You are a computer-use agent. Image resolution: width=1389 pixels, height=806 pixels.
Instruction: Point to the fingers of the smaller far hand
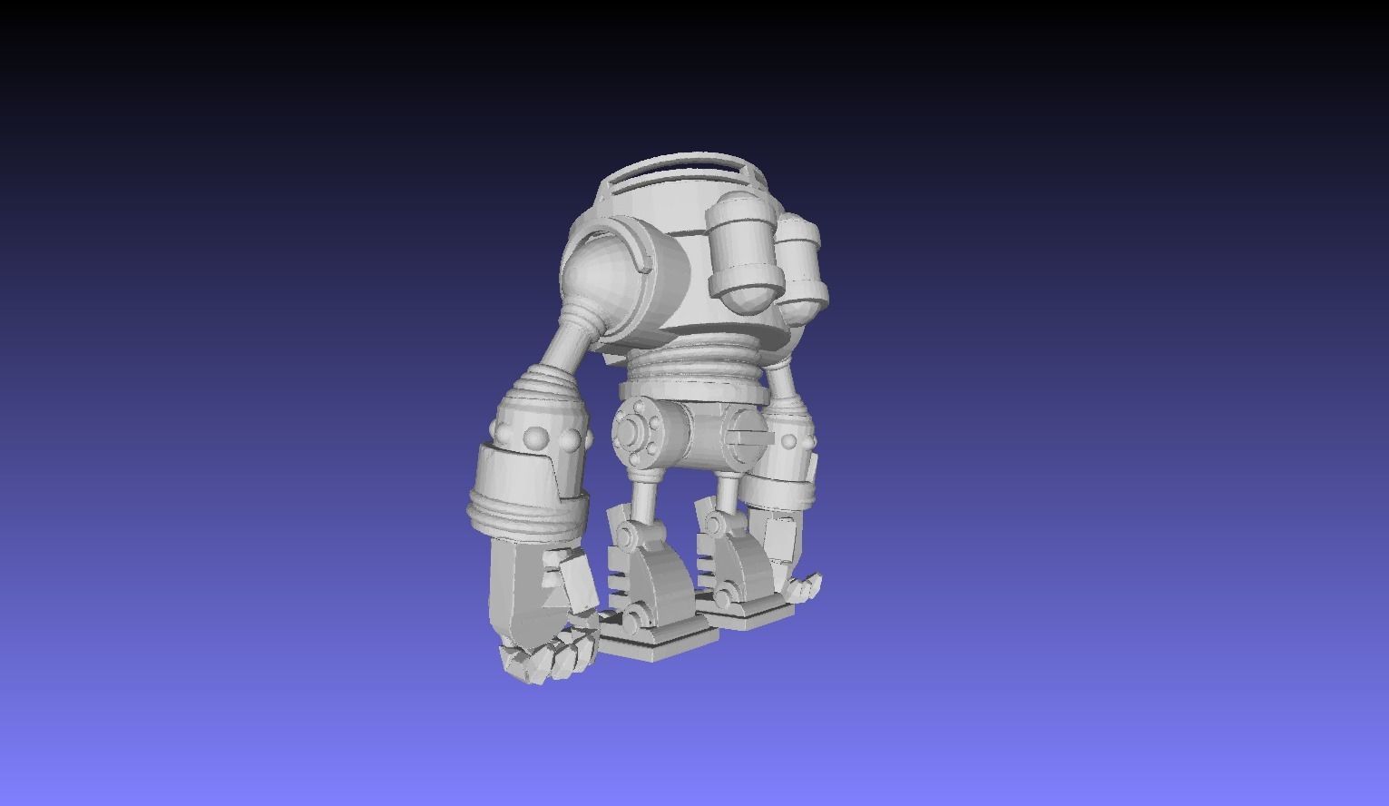click(804, 587)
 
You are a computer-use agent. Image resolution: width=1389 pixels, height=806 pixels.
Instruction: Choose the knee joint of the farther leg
click(717, 524)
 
